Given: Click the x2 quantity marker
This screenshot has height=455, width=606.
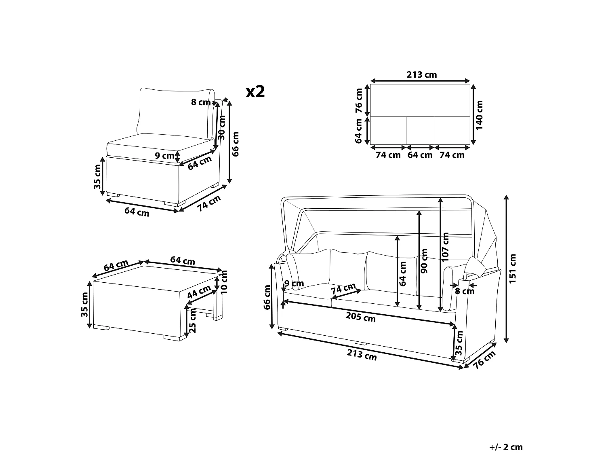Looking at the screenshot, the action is tap(255, 91).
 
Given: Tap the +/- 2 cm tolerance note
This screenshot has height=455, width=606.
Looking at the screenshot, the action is tap(506, 447).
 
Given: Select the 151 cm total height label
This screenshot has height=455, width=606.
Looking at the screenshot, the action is tap(512, 269).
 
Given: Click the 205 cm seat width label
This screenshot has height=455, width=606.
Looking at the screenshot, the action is tap(360, 317).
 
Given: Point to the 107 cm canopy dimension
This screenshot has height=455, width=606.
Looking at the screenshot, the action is tap(445, 247).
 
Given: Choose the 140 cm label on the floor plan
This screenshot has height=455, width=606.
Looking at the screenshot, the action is tap(479, 115).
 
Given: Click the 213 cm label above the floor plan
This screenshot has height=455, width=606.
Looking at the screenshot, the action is tap(422, 74).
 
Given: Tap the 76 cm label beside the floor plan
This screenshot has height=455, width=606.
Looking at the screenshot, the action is tap(359, 101).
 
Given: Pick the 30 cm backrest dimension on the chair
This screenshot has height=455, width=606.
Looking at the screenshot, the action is tap(222, 127).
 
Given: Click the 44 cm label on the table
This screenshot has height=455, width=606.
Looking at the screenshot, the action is tap(199, 292).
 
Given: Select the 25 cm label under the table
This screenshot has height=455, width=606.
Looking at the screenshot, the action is tap(192, 320).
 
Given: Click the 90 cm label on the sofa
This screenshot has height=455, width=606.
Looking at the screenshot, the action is tap(424, 261).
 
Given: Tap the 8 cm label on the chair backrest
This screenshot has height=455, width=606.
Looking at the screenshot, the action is tap(201, 102).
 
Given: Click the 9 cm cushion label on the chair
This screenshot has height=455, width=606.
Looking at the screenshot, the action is tap(164, 156).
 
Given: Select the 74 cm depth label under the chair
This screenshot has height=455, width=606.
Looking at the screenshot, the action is tap(209, 203).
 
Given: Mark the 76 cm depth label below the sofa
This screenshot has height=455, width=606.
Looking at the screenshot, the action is tap(484, 360).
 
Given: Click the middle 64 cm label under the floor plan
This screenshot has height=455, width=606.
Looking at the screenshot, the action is tap(420, 155).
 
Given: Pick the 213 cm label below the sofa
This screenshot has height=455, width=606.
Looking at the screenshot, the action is tap(362, 355).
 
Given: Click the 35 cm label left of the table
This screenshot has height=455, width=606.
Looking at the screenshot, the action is tap(84, 305).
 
